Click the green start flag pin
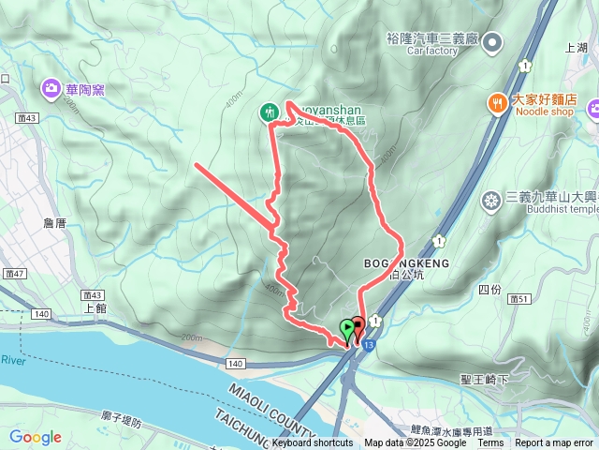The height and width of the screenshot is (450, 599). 348,329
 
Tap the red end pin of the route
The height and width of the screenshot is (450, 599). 358,328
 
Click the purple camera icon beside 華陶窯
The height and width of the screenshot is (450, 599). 49,89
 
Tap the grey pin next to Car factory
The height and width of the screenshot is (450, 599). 494,41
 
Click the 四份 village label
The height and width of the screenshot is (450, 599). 489,291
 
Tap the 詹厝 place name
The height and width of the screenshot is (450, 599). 55,223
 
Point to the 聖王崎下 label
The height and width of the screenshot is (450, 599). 483,380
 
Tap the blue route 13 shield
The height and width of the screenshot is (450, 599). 371,346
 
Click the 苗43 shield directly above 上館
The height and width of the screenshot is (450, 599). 91,294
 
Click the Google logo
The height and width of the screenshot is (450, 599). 36,437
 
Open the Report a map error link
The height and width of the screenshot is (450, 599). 554,443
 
